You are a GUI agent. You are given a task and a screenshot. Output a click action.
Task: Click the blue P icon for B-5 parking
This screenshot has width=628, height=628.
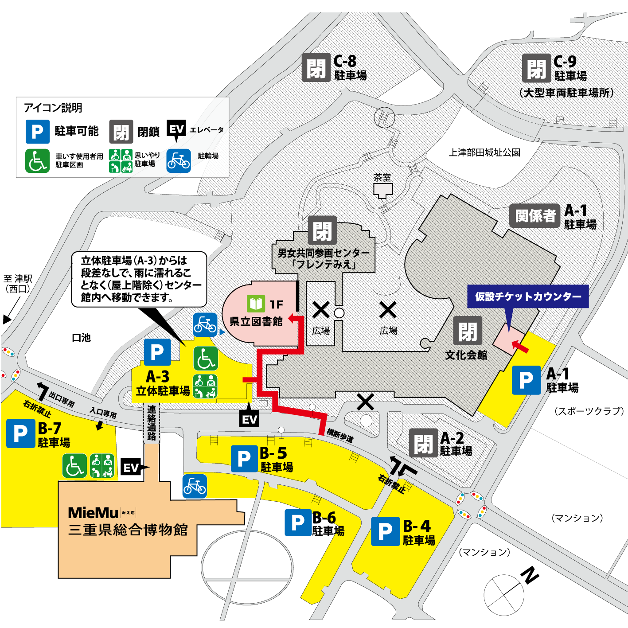click(244, 459)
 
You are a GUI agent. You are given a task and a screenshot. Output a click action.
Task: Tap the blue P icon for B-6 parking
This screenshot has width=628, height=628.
click(298, 523)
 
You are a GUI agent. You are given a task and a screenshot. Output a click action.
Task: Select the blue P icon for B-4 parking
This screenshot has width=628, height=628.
click(385, 531)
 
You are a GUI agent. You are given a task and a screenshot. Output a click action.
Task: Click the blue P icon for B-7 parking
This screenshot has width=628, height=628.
click(20, 433)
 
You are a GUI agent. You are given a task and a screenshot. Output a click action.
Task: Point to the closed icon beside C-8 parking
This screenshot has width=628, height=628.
click(316, 67)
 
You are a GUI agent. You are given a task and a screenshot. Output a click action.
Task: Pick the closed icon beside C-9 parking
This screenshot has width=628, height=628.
click(536, 68)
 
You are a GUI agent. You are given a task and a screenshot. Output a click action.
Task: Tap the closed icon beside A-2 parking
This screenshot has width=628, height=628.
click(423, 443)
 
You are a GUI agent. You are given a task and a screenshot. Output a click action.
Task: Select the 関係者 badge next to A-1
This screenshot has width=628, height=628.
click(534, 216)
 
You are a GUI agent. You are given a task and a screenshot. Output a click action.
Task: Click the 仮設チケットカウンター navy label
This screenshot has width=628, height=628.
click(528, 296)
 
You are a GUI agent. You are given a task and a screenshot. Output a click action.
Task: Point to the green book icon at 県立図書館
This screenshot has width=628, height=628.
click(256, 304)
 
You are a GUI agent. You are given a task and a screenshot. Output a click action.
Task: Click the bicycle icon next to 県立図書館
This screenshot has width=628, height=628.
click(205, 325)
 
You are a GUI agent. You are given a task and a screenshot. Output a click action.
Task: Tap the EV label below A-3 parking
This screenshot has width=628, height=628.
click(249, 419)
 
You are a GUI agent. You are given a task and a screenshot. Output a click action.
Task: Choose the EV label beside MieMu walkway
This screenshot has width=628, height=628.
click(131, 468)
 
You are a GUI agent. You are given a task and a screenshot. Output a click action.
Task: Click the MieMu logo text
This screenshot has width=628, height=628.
click(94, 513)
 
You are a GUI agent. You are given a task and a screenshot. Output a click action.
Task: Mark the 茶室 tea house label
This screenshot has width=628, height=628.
click(382, 178)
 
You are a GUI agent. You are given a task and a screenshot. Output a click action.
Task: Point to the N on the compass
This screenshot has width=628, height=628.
click(530, 575)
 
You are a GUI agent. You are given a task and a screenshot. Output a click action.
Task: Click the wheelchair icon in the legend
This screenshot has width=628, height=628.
click(37, 160)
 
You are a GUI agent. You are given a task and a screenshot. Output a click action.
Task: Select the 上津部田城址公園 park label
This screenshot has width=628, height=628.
click(484, 152)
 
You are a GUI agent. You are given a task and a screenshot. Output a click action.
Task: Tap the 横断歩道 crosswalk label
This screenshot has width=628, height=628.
click(340, 435)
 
